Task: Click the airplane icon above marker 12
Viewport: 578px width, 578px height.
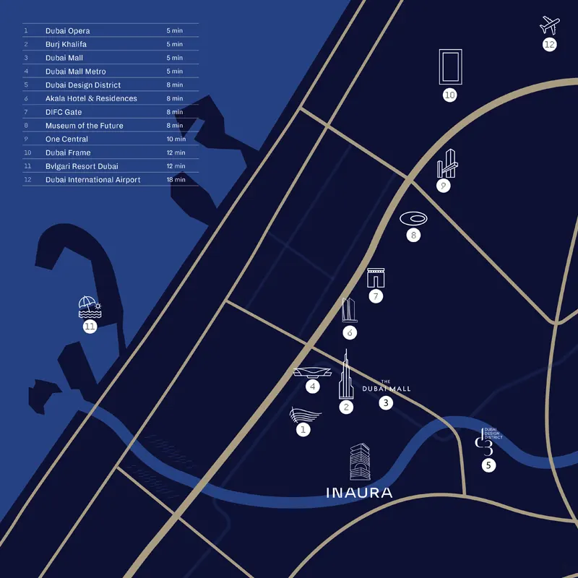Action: pyautogui.click(x=550, y=25)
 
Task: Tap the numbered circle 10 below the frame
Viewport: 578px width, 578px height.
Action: pyautogui.click(x=449, y=95)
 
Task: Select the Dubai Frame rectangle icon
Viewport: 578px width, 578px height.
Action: pyautogui.click(x=450, y=66)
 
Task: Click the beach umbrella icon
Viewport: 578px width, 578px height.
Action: pyautogui.click(x=90, y=307)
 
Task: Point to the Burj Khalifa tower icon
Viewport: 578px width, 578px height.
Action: pyautogui.click(x=346, y=374)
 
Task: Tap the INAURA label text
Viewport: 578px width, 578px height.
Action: pyautogui.click(x=359, y=493)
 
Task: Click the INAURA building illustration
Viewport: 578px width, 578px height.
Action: pyautogui.click(x=360, y=462)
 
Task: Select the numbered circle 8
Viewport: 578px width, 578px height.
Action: pyautogui.click(x=413, y=236)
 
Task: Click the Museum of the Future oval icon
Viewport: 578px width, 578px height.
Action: pyautogui.click(x=413, y=219)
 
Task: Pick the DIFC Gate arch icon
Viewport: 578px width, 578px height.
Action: pyautogui.click(x=376, y=278)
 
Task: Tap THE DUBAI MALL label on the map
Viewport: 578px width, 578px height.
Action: pyautogui.click(x=387, y=387)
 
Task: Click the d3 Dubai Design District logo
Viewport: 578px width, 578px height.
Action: pyautogui.click(x=488, y=442)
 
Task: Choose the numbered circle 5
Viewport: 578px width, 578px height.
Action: pyautogui.click(x=489, y=465)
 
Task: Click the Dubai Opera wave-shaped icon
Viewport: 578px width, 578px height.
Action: pyautogui.click(x=305, y=415)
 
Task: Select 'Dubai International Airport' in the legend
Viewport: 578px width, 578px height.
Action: pyautogui.click(x=93, y=180)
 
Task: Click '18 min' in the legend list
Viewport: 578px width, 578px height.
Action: pyautogui.click(x=176, y=179)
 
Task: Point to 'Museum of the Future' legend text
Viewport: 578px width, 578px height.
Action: pyautogui.click(x=85, y=126)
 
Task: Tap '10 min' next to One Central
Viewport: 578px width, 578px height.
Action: pyautogui.click(x=176, y=139)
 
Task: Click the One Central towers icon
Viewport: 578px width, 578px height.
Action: pyautogui.click(x=447, y=163)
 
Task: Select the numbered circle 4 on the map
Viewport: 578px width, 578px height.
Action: pyautogui.click(x=313, y=387)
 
